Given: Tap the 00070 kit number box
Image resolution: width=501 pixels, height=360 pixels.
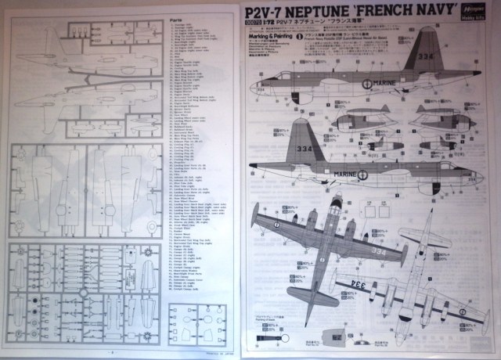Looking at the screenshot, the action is [259, 30].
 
